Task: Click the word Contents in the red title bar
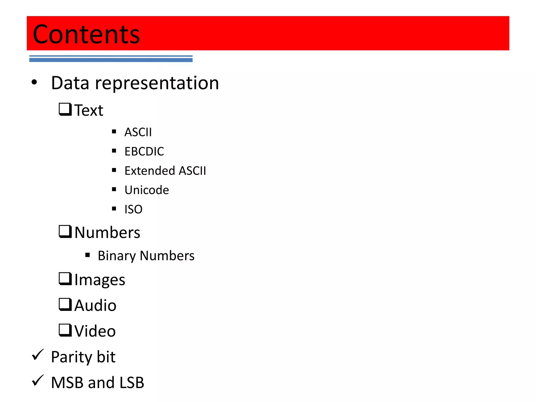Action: click(x=86, y=34)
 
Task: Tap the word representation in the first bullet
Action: click(x=157, y=83)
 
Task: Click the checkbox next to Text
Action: click(x=65, y=109)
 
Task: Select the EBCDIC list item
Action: click(x=144, y=152)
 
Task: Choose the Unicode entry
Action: click(x=147, y=190)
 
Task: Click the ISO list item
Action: click(x=133, y=209)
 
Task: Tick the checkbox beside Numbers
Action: click(x=65, y=231)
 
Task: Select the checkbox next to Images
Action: click(x=65, y=279)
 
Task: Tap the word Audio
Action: click(x=95, y=305)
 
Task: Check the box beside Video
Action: click(x=65, y=330)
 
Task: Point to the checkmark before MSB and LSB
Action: click(x=38, y=381)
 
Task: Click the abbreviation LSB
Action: click(x=132, y=383)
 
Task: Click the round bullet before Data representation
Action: click(x=34, y=82)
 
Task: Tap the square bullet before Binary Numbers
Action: click(x=88, y=255)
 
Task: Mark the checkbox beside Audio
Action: click(x=65, y=304)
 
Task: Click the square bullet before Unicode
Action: click(x=114, y=189)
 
